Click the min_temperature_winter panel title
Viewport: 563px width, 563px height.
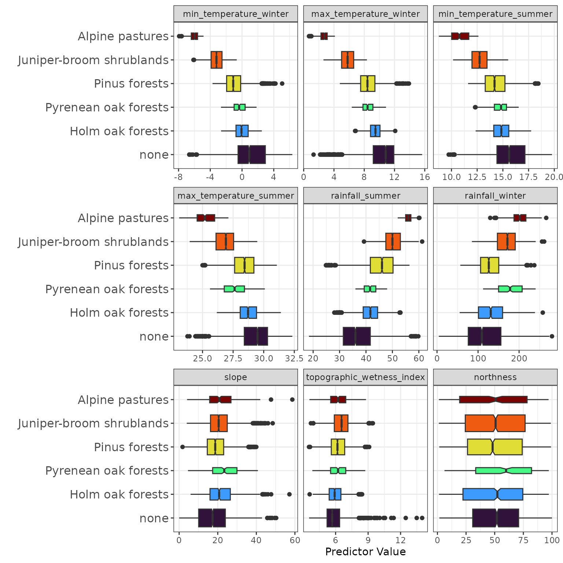(235, 14)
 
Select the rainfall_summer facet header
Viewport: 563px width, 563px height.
(365, 196)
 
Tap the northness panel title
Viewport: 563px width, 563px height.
(495, 377)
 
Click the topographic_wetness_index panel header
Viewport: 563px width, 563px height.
(365, 377)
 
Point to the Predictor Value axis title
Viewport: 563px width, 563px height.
(365, 552)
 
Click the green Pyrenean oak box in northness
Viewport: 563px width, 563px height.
(503, 471)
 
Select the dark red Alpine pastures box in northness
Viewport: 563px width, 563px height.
(493, 400)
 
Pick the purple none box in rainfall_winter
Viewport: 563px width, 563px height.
(484, 336)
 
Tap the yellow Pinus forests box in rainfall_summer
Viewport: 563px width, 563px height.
(382, 265)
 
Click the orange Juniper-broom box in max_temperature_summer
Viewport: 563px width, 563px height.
(225, 242)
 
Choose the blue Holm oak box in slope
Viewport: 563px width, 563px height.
(220, 494)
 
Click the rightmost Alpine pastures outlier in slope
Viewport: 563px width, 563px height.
(292, 400)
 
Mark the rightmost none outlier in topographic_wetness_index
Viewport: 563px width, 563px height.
(422, 518)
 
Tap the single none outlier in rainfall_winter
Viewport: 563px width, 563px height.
(552, 336)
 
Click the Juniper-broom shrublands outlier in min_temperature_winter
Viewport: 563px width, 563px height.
(194, 60)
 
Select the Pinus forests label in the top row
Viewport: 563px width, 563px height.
(131, 84)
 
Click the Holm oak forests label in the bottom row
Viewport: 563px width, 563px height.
(119, 494)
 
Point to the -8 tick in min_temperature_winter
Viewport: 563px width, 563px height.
(178, 177)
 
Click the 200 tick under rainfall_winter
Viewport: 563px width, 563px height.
(519, 358)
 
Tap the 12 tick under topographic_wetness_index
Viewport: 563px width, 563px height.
(401, 540)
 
